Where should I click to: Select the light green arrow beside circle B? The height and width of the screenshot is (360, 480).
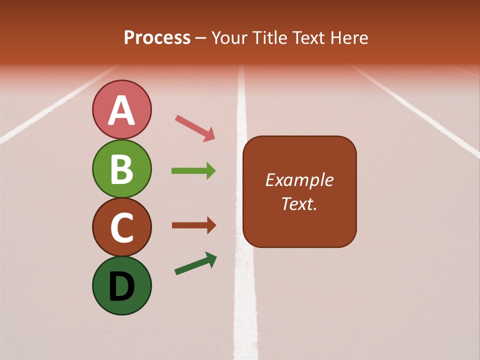tap(193, 171)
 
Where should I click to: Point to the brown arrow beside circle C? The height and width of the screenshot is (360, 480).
tap(193, 225)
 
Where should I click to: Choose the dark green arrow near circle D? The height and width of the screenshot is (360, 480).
tap(195, 263)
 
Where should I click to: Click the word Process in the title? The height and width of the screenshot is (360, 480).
tap(157, 38)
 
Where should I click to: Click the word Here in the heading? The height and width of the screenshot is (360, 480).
tap(350, 38)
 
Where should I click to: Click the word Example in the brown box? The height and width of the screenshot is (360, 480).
tap(299, 180)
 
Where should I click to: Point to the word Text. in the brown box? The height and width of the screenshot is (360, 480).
tap(299, 204)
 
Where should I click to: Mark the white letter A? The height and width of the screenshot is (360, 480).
tap(121, 111)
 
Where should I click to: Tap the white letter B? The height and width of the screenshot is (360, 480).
tap(121, 169)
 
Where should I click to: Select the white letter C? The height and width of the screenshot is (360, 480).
tap(121, 227)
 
